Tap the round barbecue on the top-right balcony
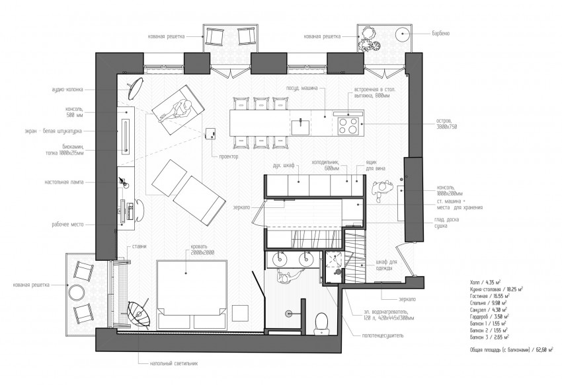tap(403, 34)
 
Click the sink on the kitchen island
tap(300, 122)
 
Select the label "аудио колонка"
tap(65, 88)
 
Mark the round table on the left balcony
tap(75, 291)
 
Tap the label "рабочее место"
tap(69, 224)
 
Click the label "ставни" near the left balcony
tap(140, 246)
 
